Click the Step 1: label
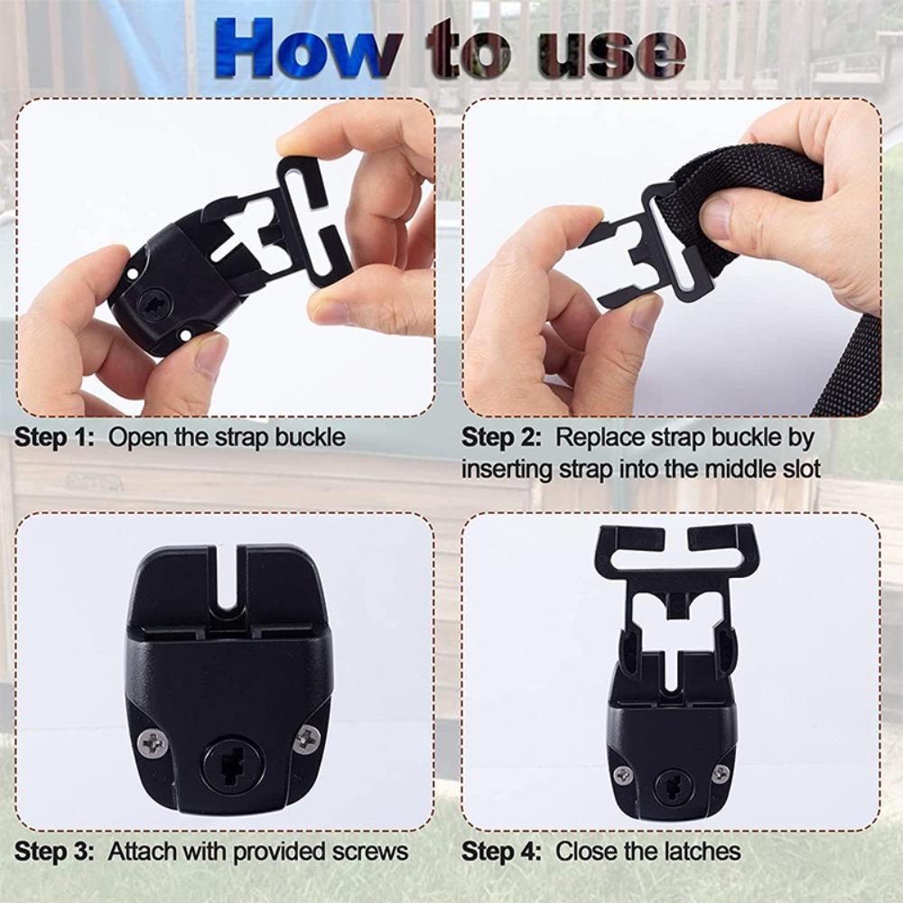tap(54, 438)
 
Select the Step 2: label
tap(501, 438)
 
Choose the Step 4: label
tap(501, 851)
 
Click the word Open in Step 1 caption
tap(135, 438)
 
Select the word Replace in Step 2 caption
tap(597, 438)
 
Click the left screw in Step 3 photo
tap(153, 742)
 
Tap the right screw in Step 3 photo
tap(308, 740)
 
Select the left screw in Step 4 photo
tap(624, 774)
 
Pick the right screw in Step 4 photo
tap(720, 773)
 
